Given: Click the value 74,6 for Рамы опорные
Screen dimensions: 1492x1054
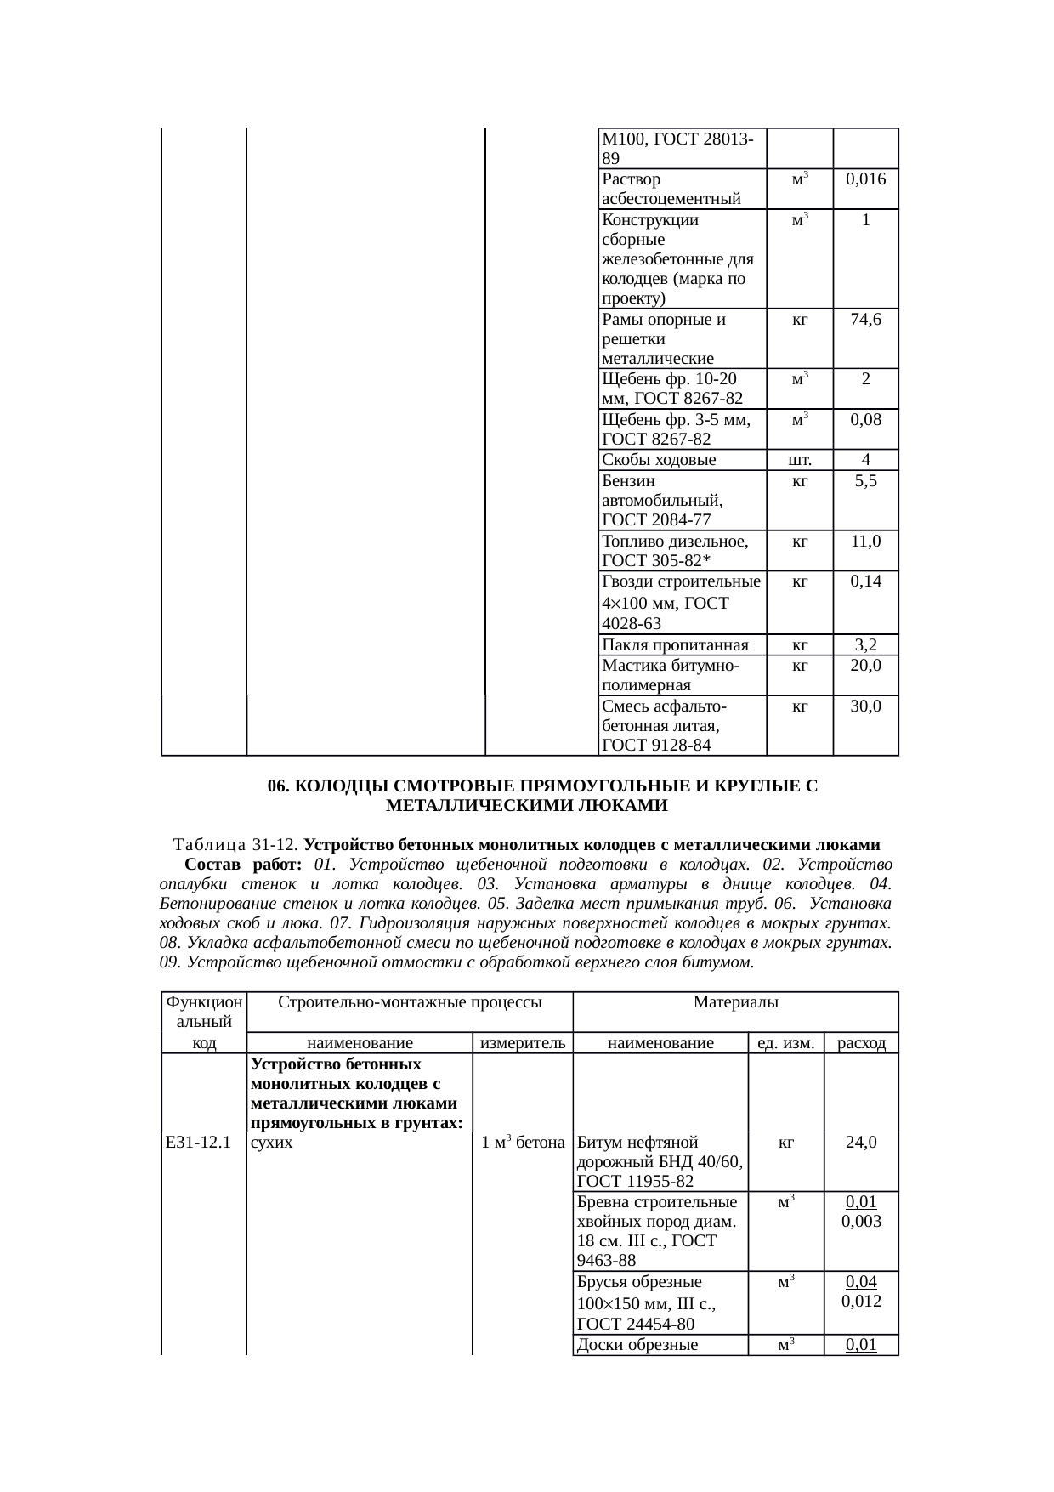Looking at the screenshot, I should [x=865, y=320].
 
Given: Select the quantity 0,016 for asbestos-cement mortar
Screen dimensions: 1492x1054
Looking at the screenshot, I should [x=865, y=179].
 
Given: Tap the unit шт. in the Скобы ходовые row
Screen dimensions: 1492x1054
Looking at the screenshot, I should [x=799, y=460].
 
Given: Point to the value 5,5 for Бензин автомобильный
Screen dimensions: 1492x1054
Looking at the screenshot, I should [x=865, y=481].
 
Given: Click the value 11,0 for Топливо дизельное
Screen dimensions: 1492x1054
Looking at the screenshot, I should [x=865, y=541].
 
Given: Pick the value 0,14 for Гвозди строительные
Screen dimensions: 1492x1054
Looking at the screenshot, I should [x=865, y=581].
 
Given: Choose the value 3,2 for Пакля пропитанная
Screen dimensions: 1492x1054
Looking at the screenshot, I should [x=865, y=644].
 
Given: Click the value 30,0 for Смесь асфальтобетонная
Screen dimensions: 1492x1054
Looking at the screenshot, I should [x=865, y=706].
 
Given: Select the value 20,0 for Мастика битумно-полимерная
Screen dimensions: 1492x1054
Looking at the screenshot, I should [x=865, y=665].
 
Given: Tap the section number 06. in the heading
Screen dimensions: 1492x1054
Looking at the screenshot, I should [x=280, y=786].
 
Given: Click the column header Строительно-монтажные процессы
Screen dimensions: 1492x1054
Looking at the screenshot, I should [x=410, y=1002].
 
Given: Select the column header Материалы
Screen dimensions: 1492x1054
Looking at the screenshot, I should [x=736, y=1002].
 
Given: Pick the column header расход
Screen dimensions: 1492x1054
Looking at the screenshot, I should [x=861, y=1043].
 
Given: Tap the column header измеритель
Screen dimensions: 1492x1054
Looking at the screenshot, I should [x=523, y=1043].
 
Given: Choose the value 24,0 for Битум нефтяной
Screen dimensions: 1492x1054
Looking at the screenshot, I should [x=861, y=1143].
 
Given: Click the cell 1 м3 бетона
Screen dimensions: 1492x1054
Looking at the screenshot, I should [x=523, y=1143].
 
